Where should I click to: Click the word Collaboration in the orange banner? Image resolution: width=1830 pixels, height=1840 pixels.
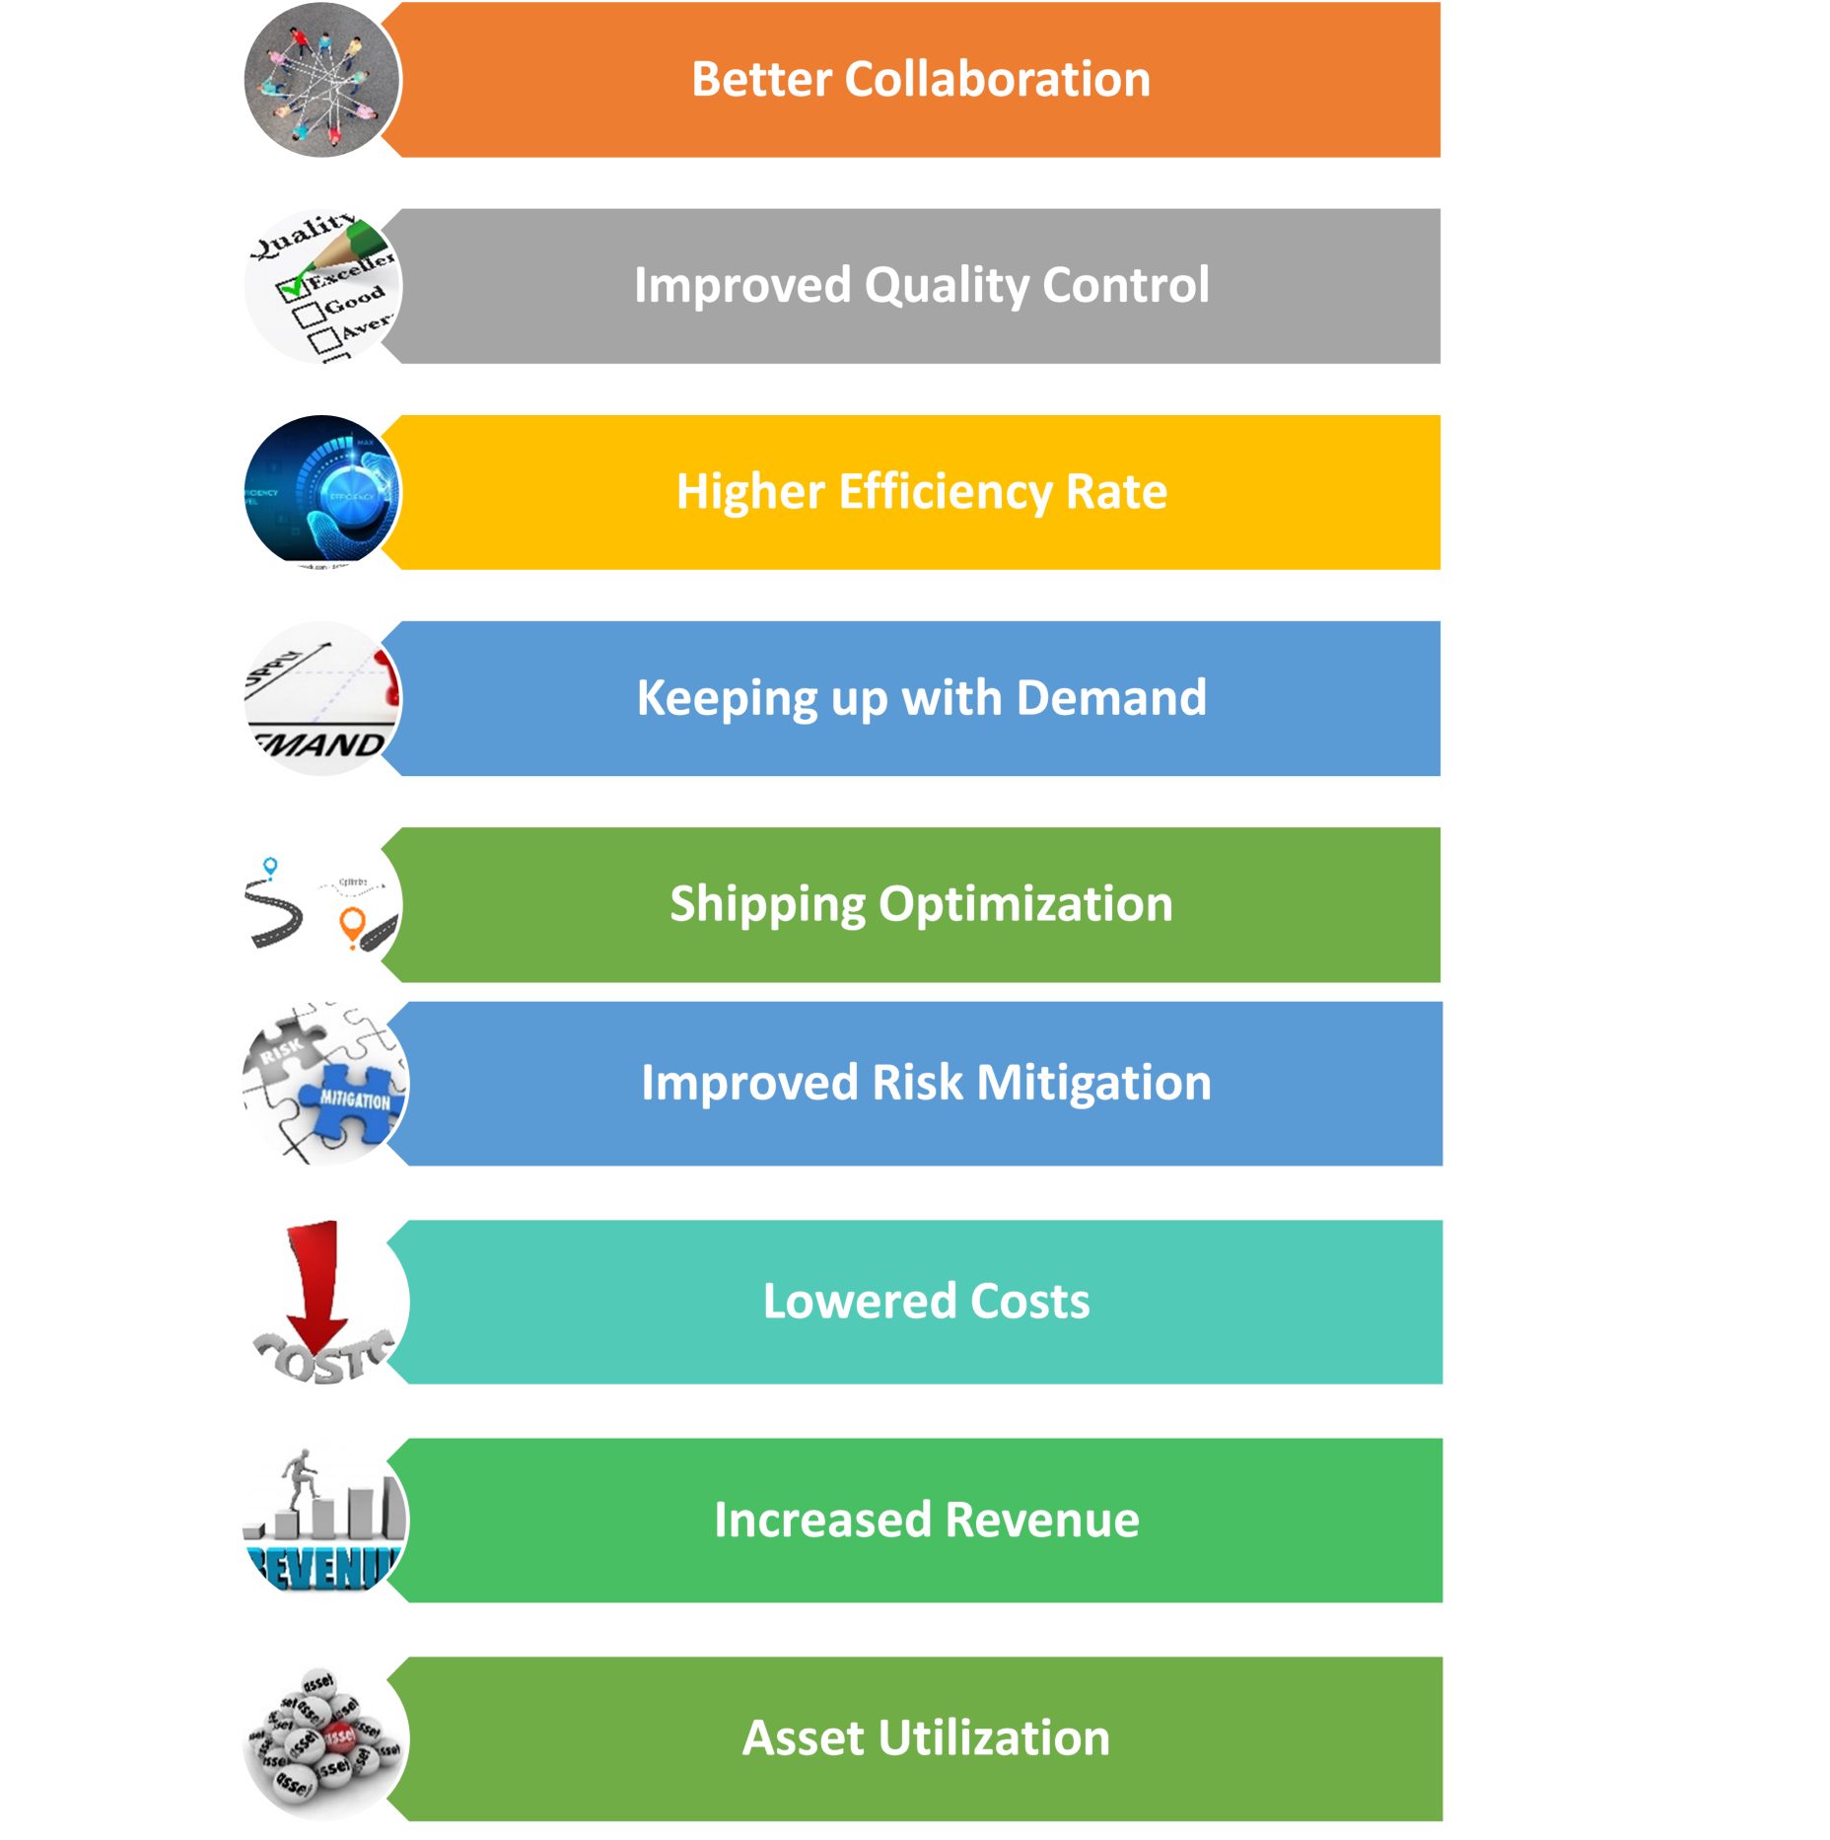coord(997,79)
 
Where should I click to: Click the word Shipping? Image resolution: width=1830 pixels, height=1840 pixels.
coord(767,904)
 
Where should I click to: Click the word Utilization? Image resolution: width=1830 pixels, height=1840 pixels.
coord(994,1738)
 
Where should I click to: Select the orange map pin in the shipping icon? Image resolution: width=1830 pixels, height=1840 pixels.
coord(351,926)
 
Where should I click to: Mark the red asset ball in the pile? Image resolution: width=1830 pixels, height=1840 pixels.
coord(339,1736)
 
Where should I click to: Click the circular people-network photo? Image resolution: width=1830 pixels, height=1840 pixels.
coord(321,79)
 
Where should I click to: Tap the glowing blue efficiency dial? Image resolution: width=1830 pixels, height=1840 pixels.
coord(350,493)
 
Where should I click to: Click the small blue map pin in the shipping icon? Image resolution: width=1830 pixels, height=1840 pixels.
coord(270,866)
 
